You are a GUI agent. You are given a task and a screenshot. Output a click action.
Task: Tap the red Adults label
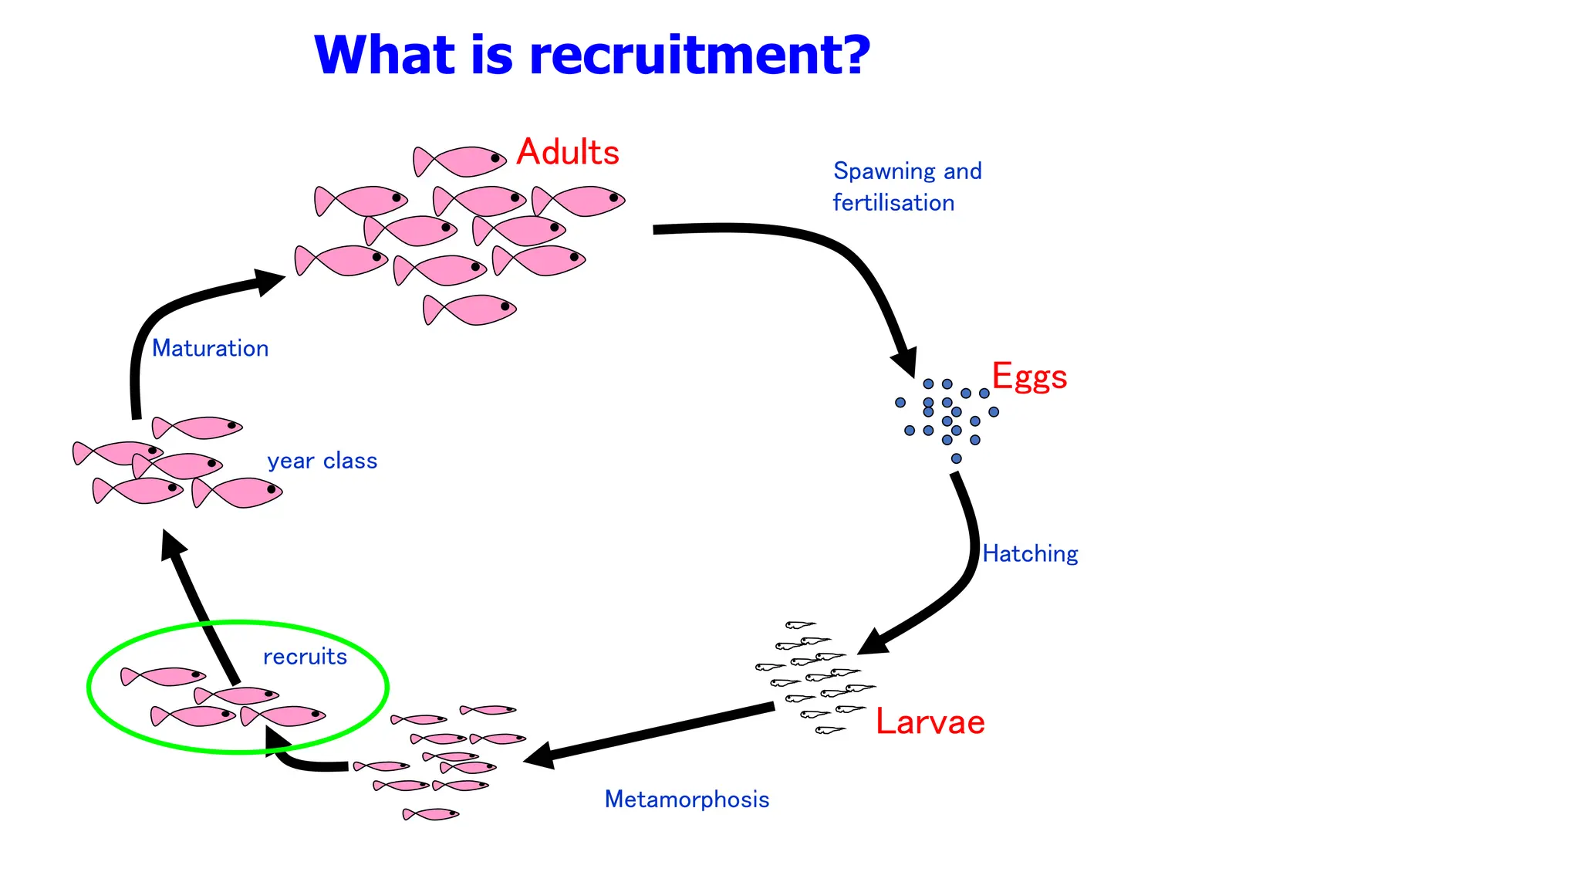click(x=568, y=152)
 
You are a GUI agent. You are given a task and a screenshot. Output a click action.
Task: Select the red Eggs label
click(x=1029, y=377)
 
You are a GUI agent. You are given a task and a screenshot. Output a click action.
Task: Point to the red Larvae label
click(x=930, y=722)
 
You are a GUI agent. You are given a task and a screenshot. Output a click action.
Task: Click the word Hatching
click(x=1030, y=554)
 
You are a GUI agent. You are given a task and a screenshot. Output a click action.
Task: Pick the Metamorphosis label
click(x=687, y=799)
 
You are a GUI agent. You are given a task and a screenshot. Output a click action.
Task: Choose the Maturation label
click(x=210, y=349)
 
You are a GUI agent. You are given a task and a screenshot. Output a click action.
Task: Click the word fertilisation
click(x=893, y=203)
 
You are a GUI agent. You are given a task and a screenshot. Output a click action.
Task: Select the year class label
click(x=322, y=461)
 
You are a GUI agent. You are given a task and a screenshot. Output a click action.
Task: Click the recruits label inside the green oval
click(x=305, y=657)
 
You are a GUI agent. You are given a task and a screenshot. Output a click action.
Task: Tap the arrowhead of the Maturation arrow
click(x=270, y=280)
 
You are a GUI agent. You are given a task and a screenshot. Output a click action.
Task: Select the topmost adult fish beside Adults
click(x=460, y=161)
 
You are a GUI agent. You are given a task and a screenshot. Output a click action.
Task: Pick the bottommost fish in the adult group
click(x=470, y=310)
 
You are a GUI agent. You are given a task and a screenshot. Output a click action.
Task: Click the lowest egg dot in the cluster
click(x=956, y=458)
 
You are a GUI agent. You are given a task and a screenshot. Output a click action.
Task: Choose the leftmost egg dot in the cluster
click(x=900, y=402)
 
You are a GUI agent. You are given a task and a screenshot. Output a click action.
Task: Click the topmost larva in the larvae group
click(x=800, y=624)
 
